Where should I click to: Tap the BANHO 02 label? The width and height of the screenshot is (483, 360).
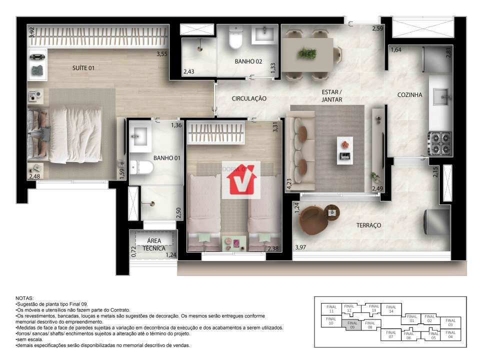pyautogui.click(x=248, y=61)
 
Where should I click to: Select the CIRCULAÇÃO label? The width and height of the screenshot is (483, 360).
pyautogui.click(x=249, y=98)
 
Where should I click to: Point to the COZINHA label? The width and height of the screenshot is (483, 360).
pyautogui.click(x=410, y=94)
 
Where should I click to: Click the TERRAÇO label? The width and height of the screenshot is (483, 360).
pyautogui.click(x=368, y=225)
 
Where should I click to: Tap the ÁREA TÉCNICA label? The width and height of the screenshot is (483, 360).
pyautogui.click(x=150, y=244)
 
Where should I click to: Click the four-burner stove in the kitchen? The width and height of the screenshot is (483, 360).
pyautogui.click(x=440, y=143)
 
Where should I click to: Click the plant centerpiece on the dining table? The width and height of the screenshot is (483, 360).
pyautogui.click(x=306, y=53)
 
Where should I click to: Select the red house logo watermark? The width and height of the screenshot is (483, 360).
pyautogui.click(x=241, y=179)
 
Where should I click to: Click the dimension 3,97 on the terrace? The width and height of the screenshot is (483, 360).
pyautogui.click(x=300, y=247)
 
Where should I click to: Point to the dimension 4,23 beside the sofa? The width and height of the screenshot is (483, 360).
pyautogui.click(x=288, y=184)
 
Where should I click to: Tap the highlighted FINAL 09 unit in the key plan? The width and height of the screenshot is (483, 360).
pyautogui.click(x=352, y=325)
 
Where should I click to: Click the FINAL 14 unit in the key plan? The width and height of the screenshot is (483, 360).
pyautogui.click(x=390, y=309)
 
